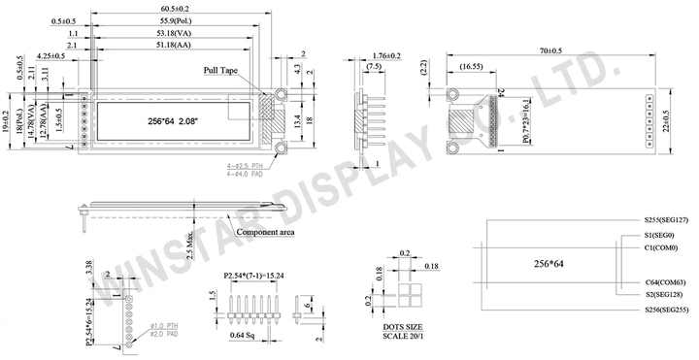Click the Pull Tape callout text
pyautogui.click(x=221, y=71)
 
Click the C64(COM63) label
pyautogui.click(x=667, y=281)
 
